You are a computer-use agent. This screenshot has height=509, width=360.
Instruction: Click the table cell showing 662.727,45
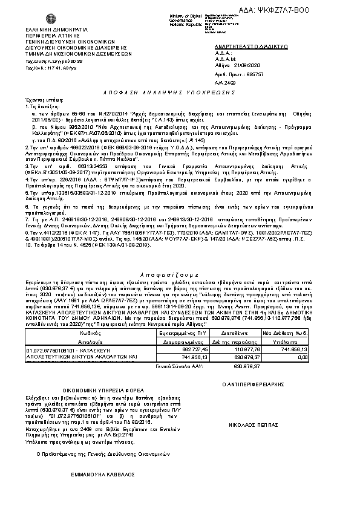[190, 349]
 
